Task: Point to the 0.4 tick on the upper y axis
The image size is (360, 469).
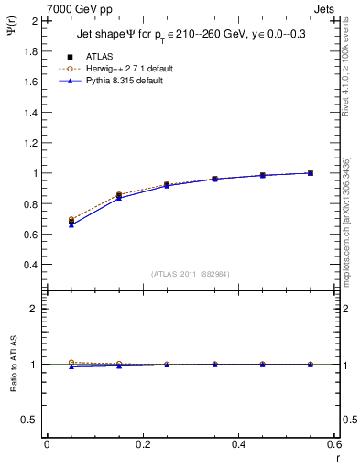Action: click(31, 265)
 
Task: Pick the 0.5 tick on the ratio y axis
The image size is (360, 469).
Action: click(31, 420)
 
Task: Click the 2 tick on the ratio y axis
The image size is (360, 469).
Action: click(35, 309)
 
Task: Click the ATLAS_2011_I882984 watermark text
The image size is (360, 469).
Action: click(190, 273)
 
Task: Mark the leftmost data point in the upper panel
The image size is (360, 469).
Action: click(71, 222)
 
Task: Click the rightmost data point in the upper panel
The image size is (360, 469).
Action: click(311, 173)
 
